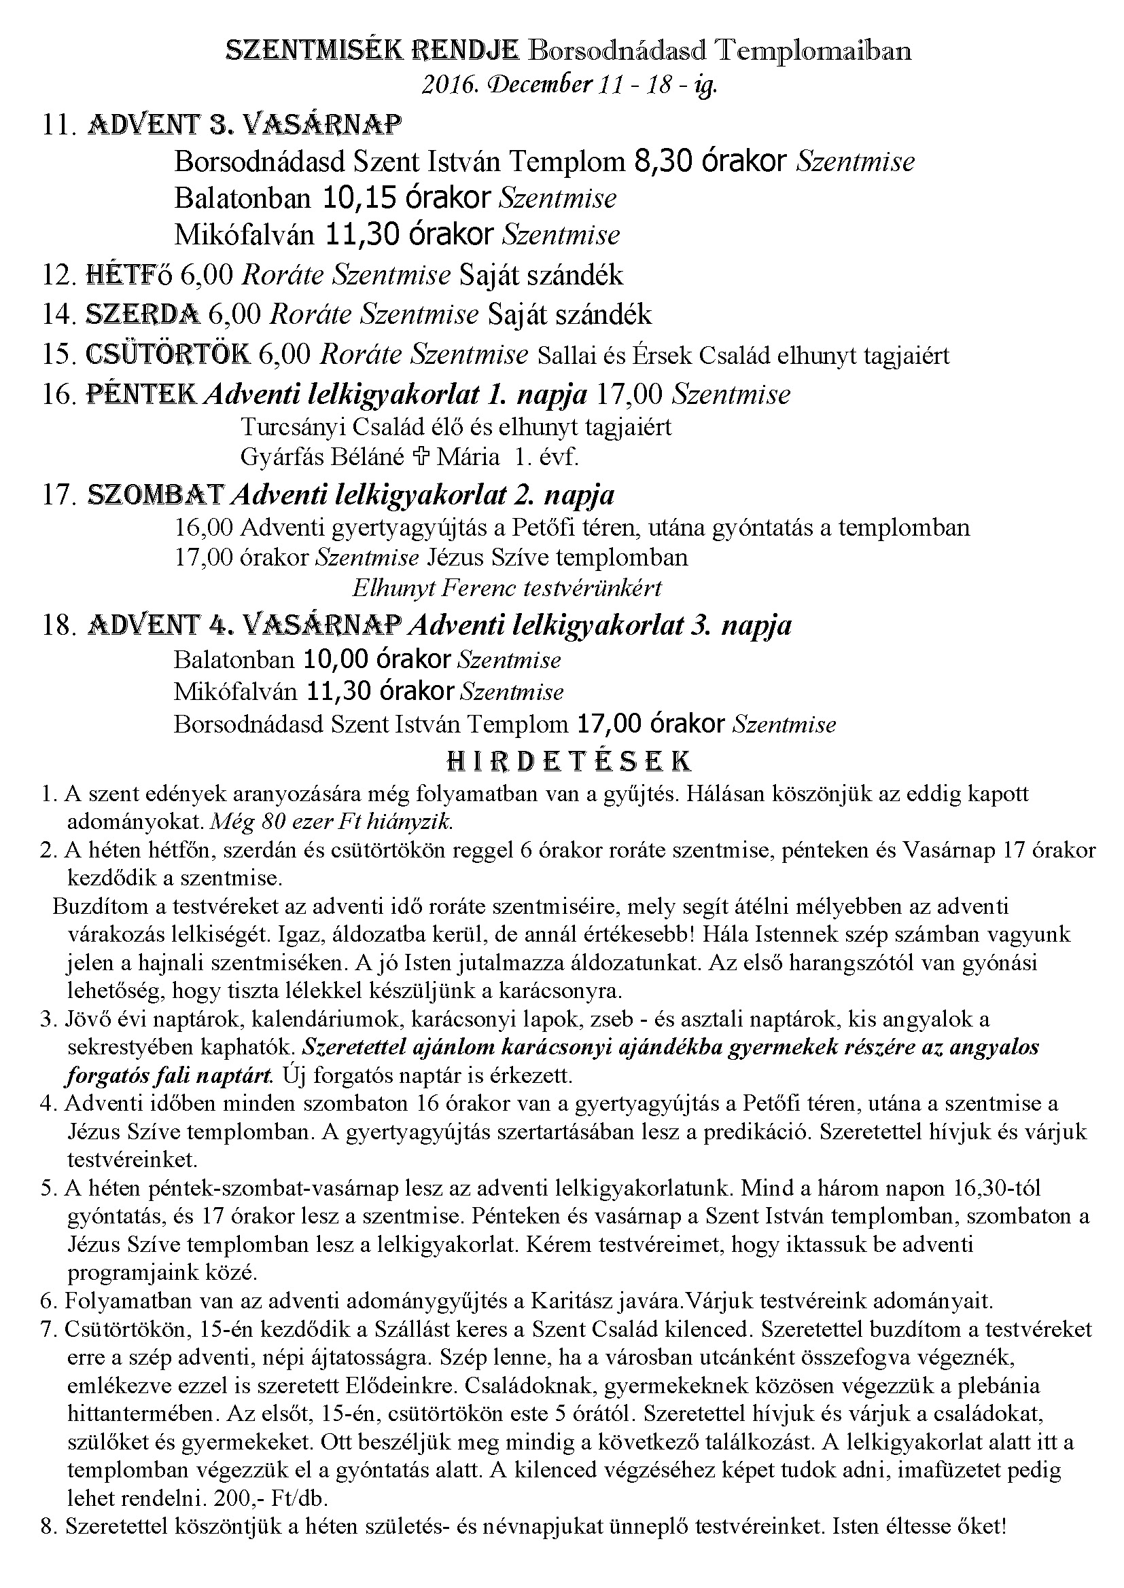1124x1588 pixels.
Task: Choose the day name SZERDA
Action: (x=143, y=315)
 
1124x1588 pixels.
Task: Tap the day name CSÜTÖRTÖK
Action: (x=167, y=354)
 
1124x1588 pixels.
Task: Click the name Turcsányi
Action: (x=292, y=427)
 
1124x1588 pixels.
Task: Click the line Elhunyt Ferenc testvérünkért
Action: (x=507, y=588)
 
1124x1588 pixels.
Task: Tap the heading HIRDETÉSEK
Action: (x=568, y=761)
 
